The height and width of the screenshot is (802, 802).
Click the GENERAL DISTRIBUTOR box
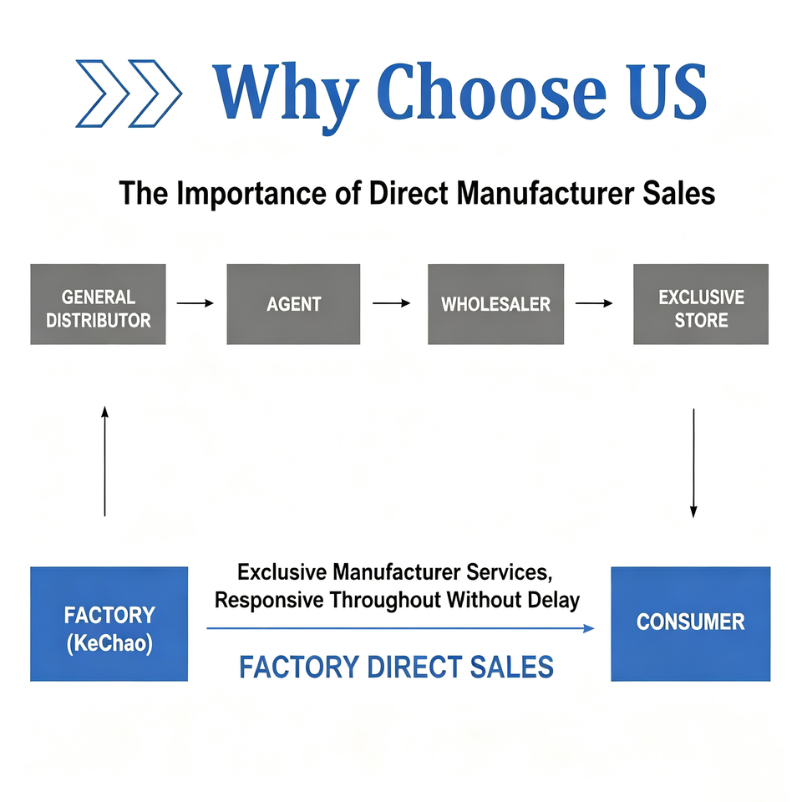point(99,304)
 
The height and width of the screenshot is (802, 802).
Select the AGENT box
point(293,304)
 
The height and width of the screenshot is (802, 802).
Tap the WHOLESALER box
point(495,304)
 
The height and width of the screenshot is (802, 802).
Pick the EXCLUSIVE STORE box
point(701,304)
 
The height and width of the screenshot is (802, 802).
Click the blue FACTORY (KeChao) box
point(109,624)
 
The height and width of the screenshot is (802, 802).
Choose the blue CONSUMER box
point(691,624)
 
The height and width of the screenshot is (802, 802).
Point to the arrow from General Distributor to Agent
point(195,303)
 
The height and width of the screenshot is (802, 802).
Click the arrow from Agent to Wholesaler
point(391,303)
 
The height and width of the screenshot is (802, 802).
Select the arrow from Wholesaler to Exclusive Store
point(594,303)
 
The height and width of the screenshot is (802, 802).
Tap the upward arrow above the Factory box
point(105,461)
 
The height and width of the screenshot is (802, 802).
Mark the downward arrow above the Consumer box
point(693,463)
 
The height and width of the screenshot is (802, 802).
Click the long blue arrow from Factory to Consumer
point(400,628)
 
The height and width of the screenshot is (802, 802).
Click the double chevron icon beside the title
point(129,94)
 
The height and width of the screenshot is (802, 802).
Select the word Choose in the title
point(491,92)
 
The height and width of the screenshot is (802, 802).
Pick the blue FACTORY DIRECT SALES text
point(396,667)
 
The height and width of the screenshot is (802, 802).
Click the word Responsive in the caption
point(269,601)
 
